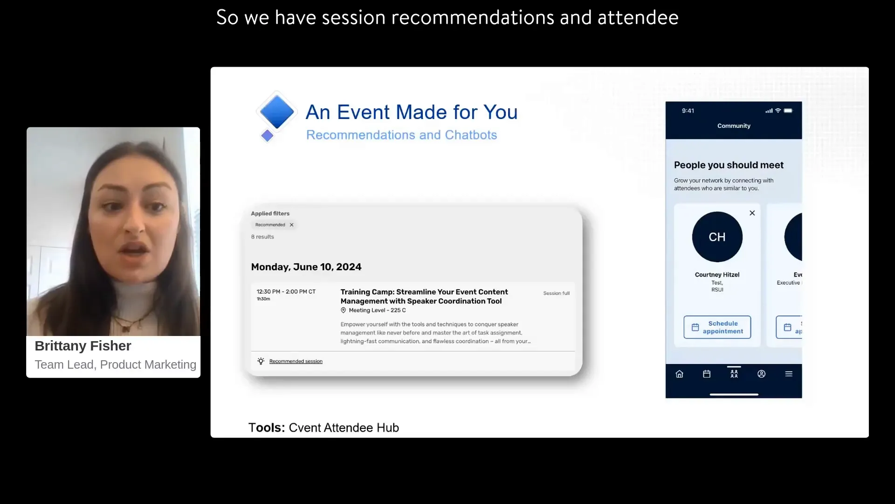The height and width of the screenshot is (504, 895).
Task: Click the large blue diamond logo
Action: tap(277, 112)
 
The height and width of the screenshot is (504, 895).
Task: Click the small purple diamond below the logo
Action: tap(267, 136)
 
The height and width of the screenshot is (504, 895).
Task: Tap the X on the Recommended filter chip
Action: tap(292, 225)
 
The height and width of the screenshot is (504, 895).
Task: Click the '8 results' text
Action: tap(262, 237)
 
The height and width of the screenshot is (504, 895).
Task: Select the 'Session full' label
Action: tap(556, 294)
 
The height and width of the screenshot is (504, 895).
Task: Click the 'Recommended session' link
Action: tap(296, 361)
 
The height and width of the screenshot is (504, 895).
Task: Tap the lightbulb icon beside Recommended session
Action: tap(261, 361)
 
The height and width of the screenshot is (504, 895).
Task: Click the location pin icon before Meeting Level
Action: tap(344, 310)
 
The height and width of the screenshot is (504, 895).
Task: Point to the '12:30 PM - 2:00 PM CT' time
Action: tap(286, 292)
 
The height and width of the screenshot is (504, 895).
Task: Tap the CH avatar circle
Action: tap(717, 237)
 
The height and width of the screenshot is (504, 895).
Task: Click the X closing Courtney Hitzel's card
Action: tap(752, 213)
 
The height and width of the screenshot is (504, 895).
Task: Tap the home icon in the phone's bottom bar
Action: tap(679, 374)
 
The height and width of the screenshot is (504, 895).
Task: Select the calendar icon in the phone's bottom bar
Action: tap(707, 374)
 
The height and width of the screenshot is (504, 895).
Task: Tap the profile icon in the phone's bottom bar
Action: tap(761, 374)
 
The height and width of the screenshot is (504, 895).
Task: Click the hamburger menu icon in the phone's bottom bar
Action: tap(789, 374)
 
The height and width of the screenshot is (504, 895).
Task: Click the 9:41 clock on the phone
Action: tap(688, 111)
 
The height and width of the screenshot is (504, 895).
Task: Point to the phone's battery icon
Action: tap(788, 111)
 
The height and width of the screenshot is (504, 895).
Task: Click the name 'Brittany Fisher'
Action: tap(83, 346)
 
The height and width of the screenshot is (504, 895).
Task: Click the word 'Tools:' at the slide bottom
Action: tap(267, 427)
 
